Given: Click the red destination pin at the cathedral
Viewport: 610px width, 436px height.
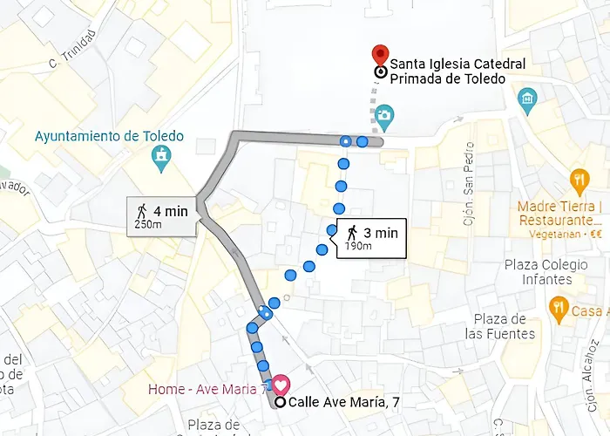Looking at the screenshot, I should tap(379, 54).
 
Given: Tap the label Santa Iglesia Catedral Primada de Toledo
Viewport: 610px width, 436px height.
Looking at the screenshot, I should tap(457, 72).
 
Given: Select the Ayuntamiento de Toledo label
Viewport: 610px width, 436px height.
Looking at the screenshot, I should tap(110, 136).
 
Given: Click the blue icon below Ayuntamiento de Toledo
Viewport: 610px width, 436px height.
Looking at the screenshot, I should tap(161, 157).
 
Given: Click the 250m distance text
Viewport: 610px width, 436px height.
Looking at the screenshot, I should tap(148, 225).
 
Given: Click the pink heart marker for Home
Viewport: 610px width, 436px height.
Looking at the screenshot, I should tap(281, 384).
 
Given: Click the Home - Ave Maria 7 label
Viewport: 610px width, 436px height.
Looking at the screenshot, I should tap(207, 388).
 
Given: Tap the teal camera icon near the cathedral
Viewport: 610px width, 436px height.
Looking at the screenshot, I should tap(385, 115).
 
